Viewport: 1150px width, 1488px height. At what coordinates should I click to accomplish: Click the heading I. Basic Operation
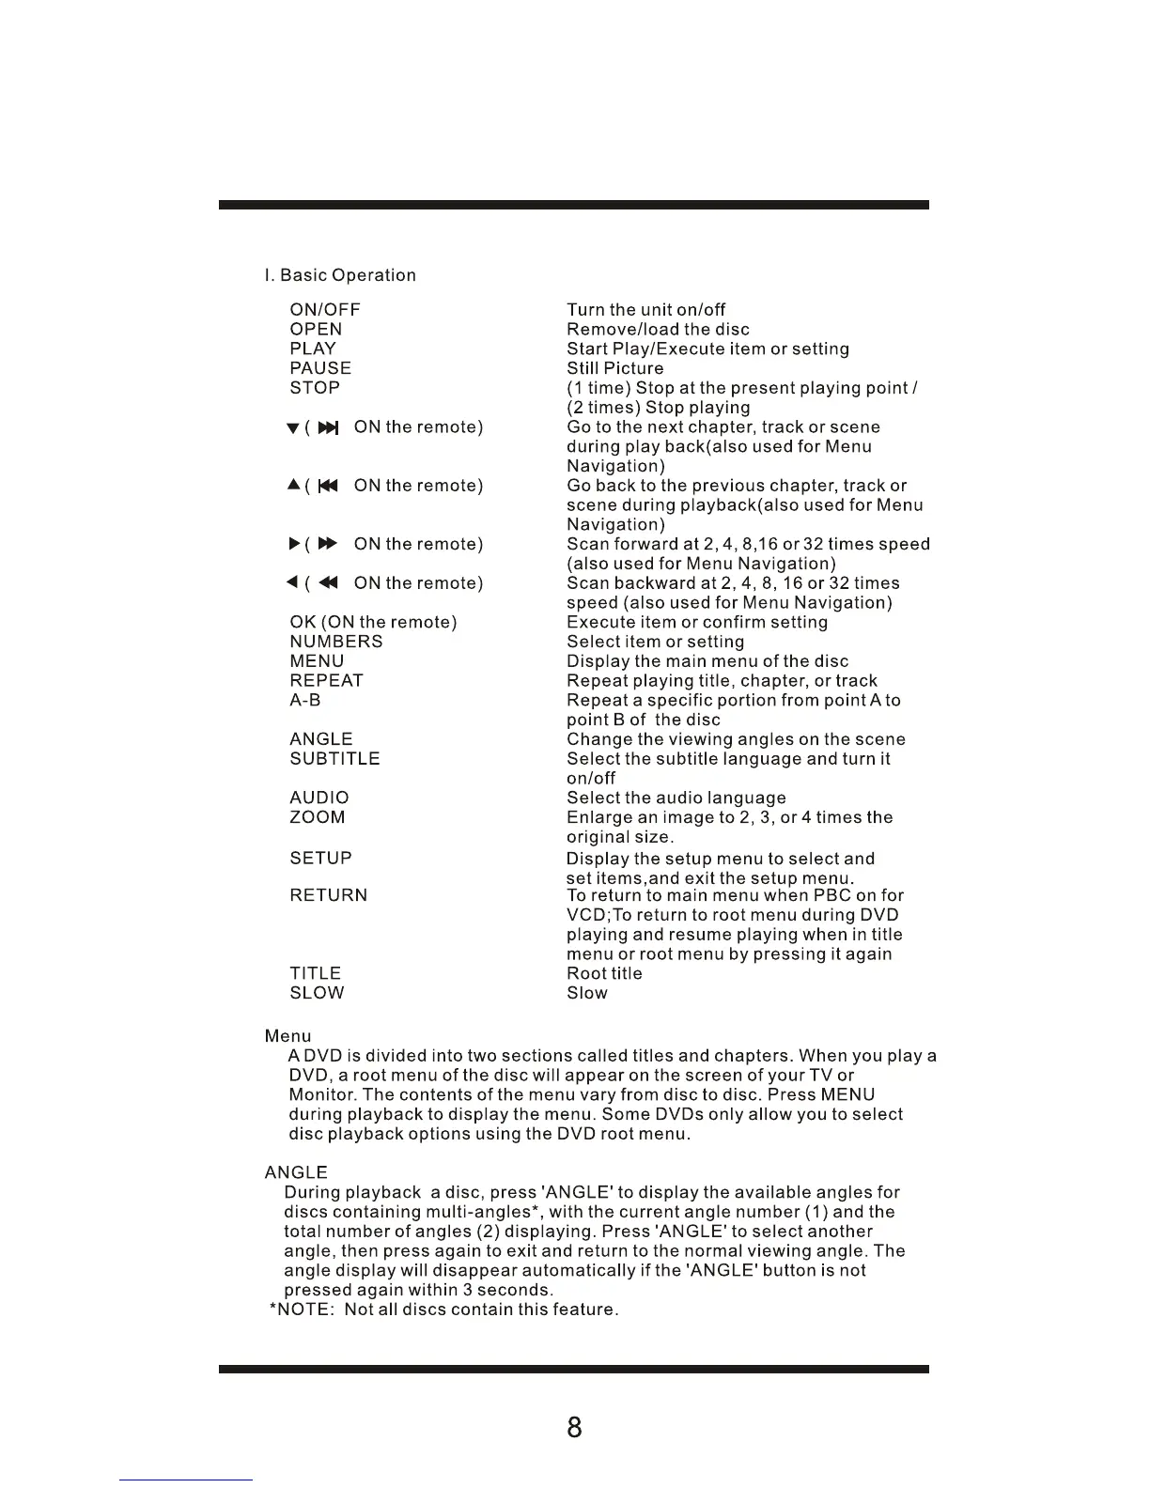coord(340,275)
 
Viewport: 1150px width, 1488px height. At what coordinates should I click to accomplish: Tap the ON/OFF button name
coord(325,310)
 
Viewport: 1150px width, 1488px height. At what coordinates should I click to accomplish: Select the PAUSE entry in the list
coord(320,368)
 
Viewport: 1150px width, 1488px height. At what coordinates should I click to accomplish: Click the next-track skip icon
coord(328,428)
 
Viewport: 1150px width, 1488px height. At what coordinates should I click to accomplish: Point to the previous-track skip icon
coord(328,487)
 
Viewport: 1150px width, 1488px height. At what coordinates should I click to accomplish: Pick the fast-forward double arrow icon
coord(328,545)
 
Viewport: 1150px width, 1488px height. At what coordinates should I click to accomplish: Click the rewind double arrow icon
coord(328,583)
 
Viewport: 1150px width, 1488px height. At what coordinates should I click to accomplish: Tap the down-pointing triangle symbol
coord(292,429)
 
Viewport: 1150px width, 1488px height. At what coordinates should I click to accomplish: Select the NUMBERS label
coord(336,642)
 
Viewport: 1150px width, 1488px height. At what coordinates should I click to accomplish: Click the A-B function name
coord(305,701)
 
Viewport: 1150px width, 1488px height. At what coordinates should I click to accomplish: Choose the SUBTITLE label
coord(334,759)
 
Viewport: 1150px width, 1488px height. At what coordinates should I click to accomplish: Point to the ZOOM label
coord(318,817)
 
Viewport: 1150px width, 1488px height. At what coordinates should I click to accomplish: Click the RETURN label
coord(329,895)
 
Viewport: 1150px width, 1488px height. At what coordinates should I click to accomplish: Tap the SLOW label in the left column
coord(318,993)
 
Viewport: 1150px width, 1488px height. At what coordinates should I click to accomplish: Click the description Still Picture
coord(615,368)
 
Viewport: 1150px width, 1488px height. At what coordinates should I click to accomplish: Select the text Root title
coord(605,973)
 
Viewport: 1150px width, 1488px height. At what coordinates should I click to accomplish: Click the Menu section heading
coord(287,1036)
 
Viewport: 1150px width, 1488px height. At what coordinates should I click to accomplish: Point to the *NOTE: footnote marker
coord(302,1310)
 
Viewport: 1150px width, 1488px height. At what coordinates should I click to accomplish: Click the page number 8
coord(575,1428)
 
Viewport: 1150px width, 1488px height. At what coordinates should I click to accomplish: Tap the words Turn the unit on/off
coord(646,310)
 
